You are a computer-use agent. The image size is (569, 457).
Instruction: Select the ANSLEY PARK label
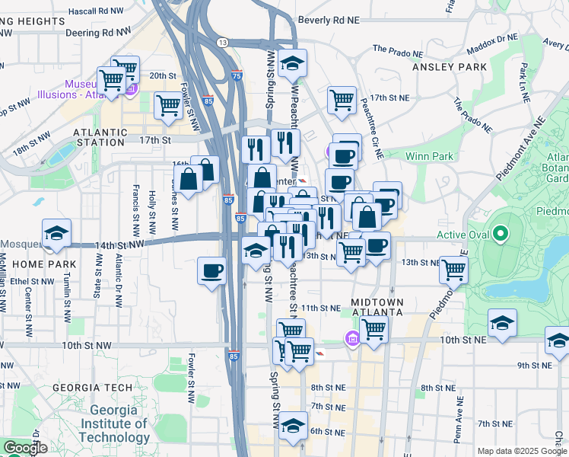point(449,67)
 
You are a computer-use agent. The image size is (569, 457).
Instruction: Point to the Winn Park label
point(430,156)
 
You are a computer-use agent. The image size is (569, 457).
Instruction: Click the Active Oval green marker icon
point(501,232)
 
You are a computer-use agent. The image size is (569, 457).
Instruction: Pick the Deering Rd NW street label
point(93,33)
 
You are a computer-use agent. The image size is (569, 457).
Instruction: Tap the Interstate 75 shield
point(237,75)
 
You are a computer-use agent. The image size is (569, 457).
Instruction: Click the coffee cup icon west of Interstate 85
point(211,270)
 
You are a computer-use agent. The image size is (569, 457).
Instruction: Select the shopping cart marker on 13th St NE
point(453,268)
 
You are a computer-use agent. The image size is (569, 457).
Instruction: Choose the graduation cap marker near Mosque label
point(56,232)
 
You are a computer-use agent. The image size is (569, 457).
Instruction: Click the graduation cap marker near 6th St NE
point(293,425)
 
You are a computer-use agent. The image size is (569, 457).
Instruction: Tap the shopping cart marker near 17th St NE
point(342,98)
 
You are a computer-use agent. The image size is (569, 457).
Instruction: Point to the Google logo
point(24,448)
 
